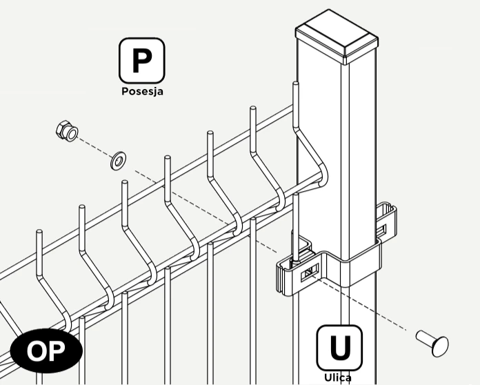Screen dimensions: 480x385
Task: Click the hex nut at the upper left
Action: pyautogui.click(x=67, y=131)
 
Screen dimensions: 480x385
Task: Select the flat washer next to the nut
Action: pyautogui.click(x=118, y=160)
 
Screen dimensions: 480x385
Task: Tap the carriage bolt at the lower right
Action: pyautogui.click(x=432, y=343)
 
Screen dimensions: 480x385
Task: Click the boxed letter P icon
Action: pyautogui.click(x=142, y=60)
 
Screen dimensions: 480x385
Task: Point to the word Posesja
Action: pyautogui.click(x=142, y=91)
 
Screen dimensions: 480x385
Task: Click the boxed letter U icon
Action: pyautogui.click(x=339, y=348)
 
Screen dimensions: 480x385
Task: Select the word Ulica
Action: pyautogui.click(x=338, y=377)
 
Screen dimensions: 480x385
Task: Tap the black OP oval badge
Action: pyautogui.click(x=46, y=351)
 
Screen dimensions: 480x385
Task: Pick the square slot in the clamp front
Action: pyautogui.click(x=310, y=272)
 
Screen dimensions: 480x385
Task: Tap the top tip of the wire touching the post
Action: pyautogui.click(x=296, y=83)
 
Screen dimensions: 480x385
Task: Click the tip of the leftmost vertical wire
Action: pyautogui.click(x=39, y=231)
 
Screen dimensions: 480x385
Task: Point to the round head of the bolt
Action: pyautogui.click(x=440, y=346)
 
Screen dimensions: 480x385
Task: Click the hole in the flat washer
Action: pyautogui.click(x=119, y=160)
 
